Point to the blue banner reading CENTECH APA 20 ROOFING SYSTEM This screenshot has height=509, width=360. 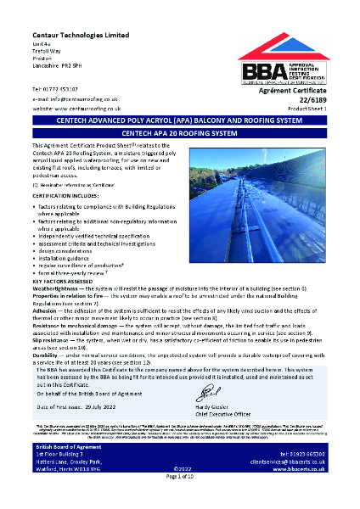(x=179, y=133)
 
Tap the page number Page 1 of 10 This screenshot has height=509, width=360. (x=179, y=502)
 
